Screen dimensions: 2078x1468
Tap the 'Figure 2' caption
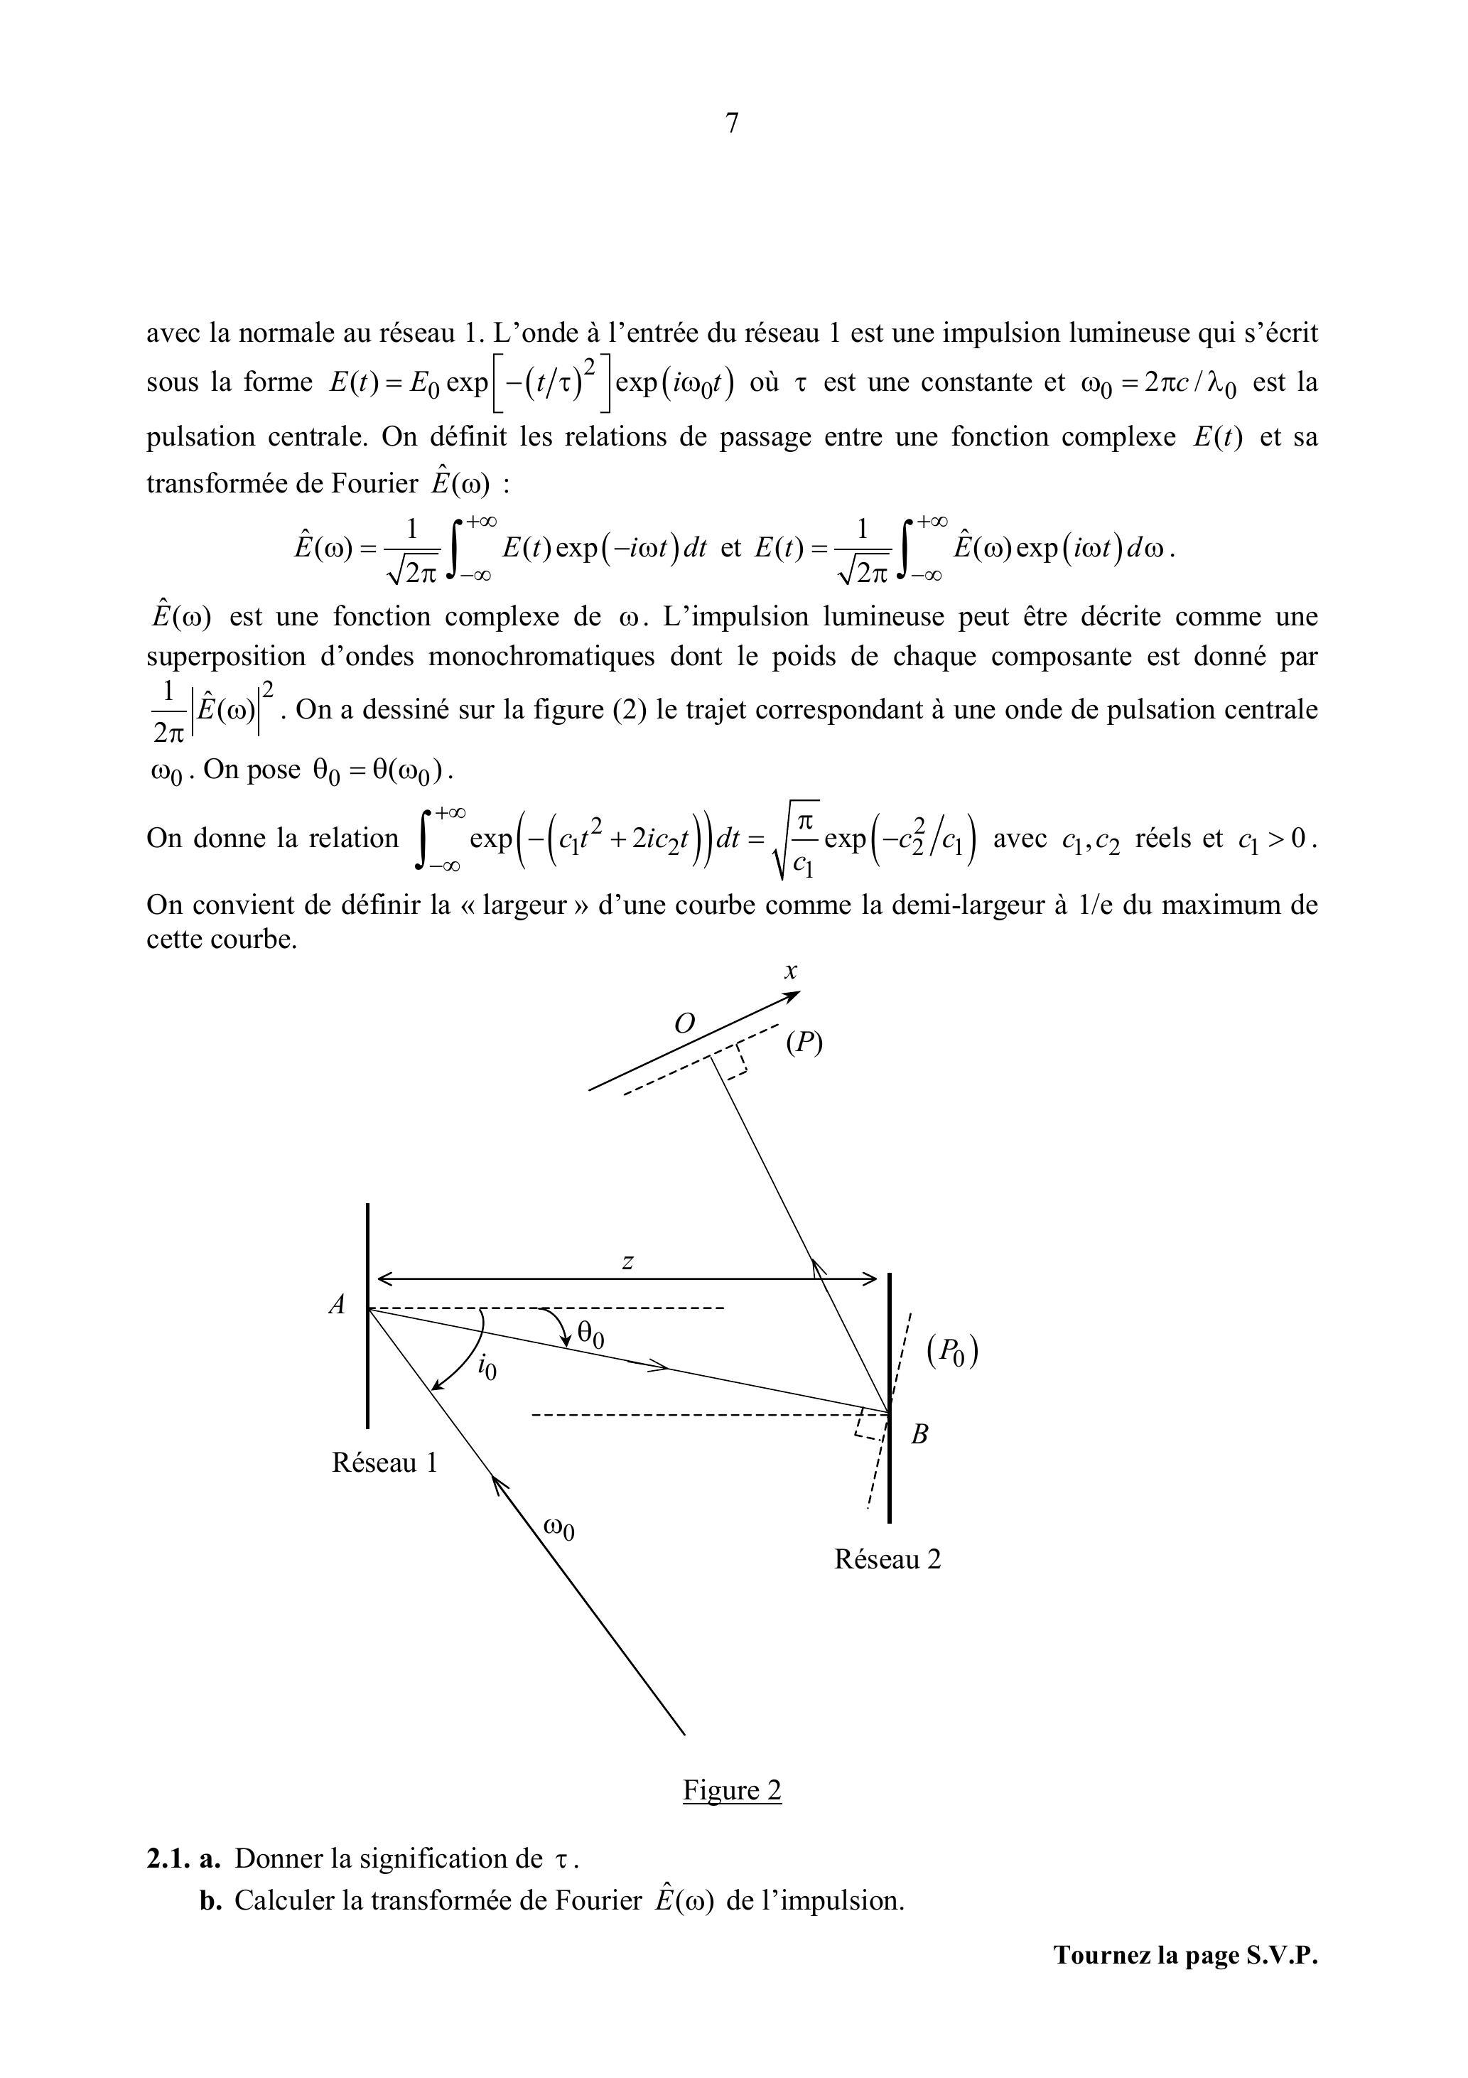point(731,1790)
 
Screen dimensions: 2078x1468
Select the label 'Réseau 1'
point(384,1463)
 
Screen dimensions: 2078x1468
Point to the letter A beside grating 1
point(338,1305)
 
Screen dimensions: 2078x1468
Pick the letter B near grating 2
point(919,1435)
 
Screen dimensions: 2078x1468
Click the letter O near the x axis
point(684,1023)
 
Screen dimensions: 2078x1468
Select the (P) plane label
point(804,1043)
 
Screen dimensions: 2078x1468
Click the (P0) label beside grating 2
point(952,1352)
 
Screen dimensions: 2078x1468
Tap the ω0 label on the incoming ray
point(558,1529)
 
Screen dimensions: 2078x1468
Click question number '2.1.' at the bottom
point(168,1859)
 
